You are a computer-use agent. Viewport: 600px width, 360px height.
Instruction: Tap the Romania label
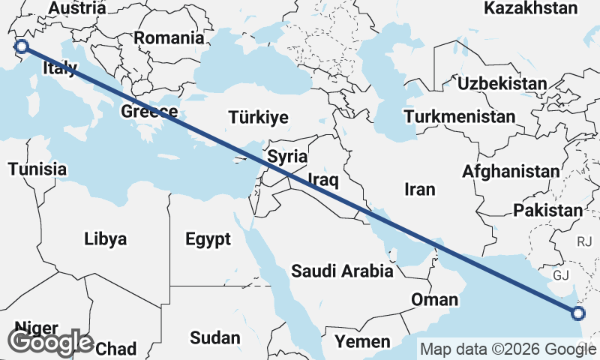(x=169, y=37)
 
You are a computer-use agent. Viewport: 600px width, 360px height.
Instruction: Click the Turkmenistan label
(x=460, y=117)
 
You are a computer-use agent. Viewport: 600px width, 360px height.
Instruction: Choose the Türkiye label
(x=259, y=117)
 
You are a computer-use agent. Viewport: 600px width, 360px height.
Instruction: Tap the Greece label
(x=149, y=112)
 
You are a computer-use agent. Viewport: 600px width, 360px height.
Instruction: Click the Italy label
(x=60, y=68)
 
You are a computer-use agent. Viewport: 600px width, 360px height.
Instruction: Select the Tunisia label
(x=37, y=169)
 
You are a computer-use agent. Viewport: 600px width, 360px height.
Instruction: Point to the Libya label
(x=106, y=239)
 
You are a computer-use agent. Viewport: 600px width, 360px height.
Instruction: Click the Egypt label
(x=208, y=239)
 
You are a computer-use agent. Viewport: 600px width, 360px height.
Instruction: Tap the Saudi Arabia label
(x=343, y=271)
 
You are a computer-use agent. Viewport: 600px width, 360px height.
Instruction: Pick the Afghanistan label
(x=511, y=172)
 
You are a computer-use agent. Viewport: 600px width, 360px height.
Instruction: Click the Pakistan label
(x=547, y=211)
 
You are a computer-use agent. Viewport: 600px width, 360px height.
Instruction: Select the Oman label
(x=434, y=300)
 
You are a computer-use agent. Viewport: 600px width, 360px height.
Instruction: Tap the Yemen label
(x=362, y=342)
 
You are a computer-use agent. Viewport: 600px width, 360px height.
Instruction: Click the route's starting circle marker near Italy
(x=22, y=46)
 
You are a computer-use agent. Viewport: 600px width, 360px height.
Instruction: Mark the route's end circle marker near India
(x=578, y=313)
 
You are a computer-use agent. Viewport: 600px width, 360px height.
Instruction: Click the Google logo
(x=50, y=342)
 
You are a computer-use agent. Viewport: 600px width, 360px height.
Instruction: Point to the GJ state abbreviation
(x=562, y=275)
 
